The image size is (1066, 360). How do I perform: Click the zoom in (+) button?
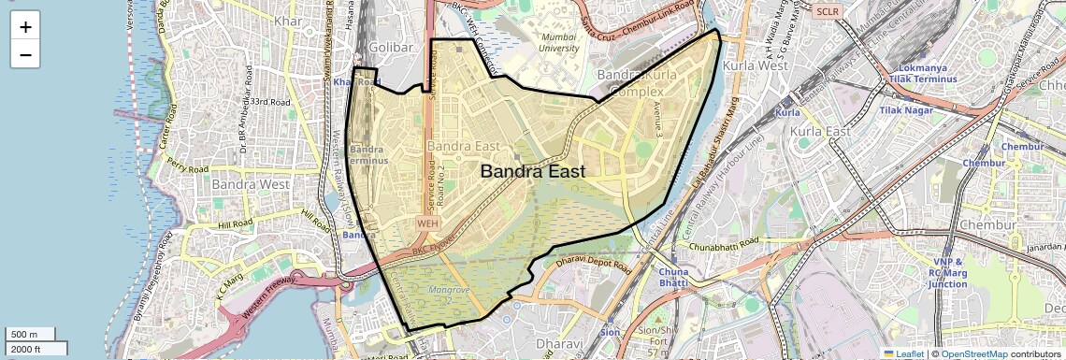click(x=25, y=26)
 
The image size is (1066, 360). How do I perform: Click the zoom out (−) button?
click(x=25, y=54)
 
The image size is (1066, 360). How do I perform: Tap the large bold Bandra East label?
click(x=532, y=172)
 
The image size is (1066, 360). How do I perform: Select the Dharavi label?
click(x=539, y=345)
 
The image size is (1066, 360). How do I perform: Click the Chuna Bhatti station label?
click(x=672, y=277)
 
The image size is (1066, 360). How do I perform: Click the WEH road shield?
click(x=427, y=223)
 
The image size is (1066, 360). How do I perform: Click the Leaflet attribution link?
click(x=903, y=353)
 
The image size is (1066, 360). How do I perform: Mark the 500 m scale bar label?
click(x=24, y=335)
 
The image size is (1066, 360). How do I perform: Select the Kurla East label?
click(x=820, y=132)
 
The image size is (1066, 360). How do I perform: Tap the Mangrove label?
click(x=448, y=291)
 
